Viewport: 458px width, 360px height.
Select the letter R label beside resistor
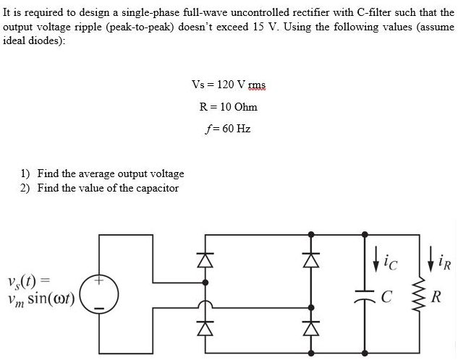(x=436, y=296)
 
